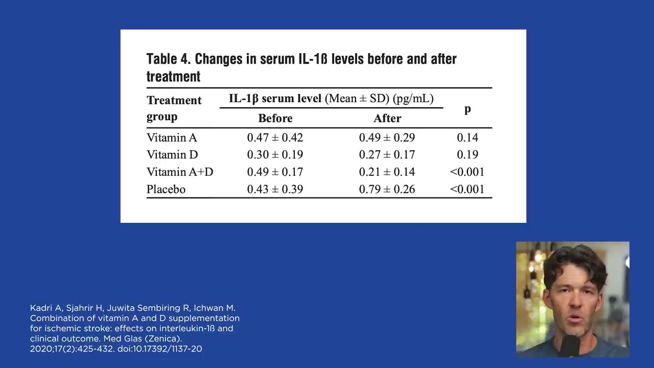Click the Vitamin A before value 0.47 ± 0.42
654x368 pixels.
275,137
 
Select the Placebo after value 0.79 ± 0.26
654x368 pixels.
387,189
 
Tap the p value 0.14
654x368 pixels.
467,137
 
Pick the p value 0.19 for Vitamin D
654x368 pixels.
467,154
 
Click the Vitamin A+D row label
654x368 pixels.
180,172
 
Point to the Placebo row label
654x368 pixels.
166,189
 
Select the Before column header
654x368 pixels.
275,118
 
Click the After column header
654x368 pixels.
387,118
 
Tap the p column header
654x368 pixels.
467,109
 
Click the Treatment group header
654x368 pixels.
174,108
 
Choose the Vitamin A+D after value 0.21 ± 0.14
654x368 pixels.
387,172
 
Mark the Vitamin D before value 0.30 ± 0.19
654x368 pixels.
275,154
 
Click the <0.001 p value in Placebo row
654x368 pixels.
467,189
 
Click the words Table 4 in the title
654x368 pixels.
168,59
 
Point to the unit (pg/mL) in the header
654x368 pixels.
413,98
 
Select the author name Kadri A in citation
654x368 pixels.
43,308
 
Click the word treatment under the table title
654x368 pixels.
173,77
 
